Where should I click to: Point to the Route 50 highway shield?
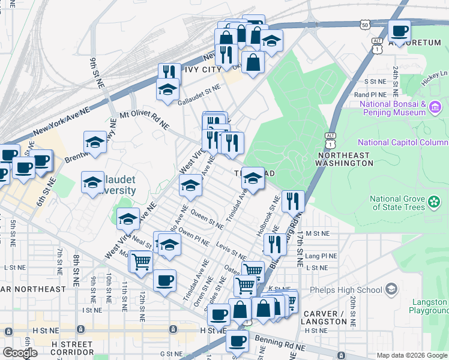pyautogui.click(x=364, y=25)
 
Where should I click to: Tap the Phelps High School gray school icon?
pyautogui.click(x=391, y=290)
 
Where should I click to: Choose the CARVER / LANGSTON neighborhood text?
pyautogui.click(x=324, y=317)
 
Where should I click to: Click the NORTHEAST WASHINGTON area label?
pyautogui.click(x=345, y=158)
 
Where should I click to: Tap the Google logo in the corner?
pyautogui.click(x=19, y=353)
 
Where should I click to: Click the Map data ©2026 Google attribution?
pyautogui.click(x=412, y=355)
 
